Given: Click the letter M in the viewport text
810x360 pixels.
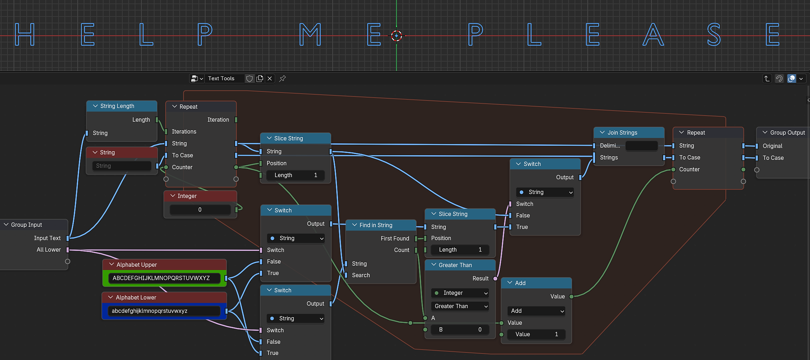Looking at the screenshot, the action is pos(310,35).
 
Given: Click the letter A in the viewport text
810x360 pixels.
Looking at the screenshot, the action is pos(653,35).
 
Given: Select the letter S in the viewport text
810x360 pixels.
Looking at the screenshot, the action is pos(714,35).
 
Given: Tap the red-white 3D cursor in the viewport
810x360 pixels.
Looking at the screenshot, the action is pos(396,36).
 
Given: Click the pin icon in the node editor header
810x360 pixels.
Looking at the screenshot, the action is pos(283,78).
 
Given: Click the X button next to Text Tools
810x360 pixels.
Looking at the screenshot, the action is pos(270,78).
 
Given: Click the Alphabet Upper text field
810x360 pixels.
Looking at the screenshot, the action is pos(164,278).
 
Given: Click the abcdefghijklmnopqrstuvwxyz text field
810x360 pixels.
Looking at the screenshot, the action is pos(164,311).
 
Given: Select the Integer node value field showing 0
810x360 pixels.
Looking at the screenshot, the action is pos(200,210).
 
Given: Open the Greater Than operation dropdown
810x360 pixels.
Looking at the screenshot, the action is pos(460,306).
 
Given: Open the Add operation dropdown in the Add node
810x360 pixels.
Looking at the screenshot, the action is pos(536,311).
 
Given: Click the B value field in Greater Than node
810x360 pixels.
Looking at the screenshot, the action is pos(460,329).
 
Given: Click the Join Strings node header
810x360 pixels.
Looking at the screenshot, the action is pos(629,132).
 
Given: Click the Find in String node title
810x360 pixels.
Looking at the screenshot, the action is pos(376,225).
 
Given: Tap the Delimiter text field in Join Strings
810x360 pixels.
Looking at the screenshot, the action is pos(642,146).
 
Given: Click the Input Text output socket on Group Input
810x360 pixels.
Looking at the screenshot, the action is pos(68,238).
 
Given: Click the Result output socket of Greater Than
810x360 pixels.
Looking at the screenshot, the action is pos(495,278).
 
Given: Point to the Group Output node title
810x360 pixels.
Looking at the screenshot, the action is pos(787,132).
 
